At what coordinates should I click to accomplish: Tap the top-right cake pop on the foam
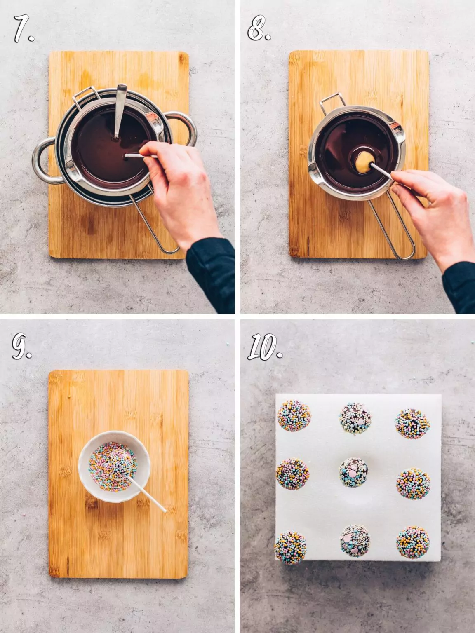tap(412, 423)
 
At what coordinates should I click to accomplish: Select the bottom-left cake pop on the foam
tap(290, 547)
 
